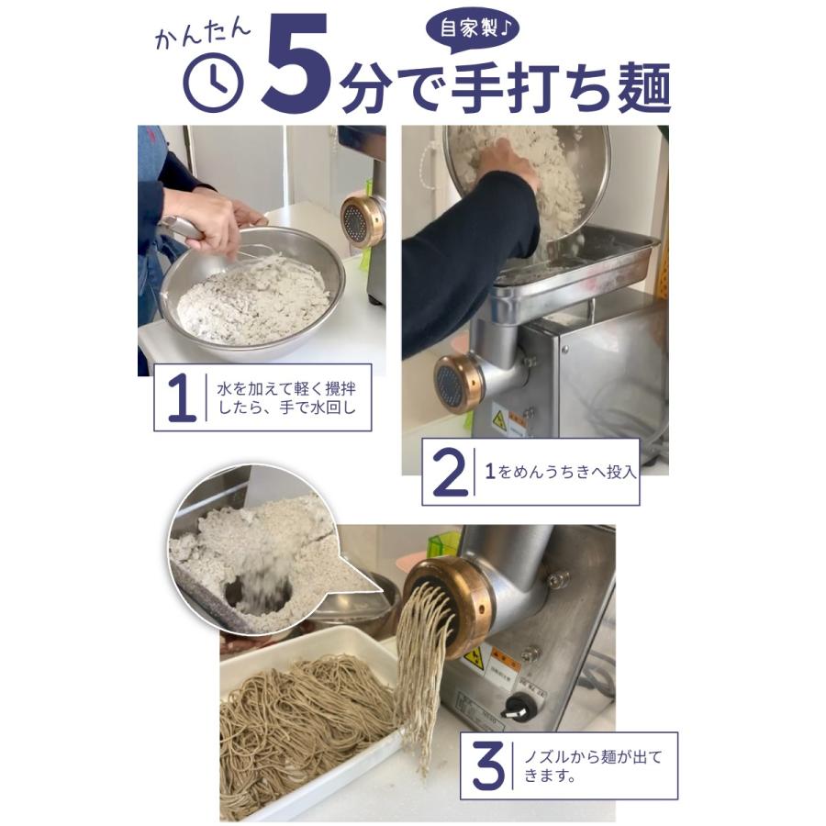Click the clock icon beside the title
[213, 84]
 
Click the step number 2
[449, 473]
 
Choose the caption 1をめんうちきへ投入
[560, 473]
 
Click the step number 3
[488, 765]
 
